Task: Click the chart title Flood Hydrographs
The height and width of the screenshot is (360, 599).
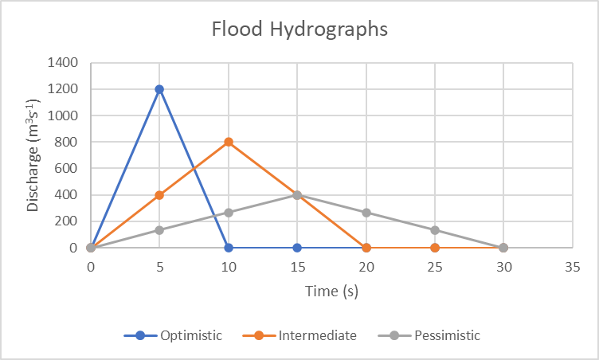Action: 299,29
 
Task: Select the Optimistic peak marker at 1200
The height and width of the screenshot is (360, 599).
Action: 159,89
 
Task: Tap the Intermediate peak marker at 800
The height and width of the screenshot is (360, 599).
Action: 229,142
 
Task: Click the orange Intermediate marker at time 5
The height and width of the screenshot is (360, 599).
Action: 159,195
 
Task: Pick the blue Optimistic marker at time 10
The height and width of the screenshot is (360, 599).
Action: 229,248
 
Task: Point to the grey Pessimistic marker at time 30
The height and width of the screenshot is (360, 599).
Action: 503,248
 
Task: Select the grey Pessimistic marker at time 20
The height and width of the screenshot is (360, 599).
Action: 366,213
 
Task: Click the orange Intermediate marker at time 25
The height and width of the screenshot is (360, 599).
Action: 435,248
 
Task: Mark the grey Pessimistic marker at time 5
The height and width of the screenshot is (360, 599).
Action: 159,230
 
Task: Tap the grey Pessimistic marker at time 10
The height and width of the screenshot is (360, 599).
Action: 229,213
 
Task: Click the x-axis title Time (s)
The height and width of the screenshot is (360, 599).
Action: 331,292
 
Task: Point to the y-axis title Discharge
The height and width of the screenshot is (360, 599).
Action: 33,155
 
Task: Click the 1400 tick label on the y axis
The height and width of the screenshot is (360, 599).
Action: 62,63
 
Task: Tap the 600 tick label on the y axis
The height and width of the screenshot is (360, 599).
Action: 65,169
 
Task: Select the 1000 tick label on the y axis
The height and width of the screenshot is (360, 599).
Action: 62,115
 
